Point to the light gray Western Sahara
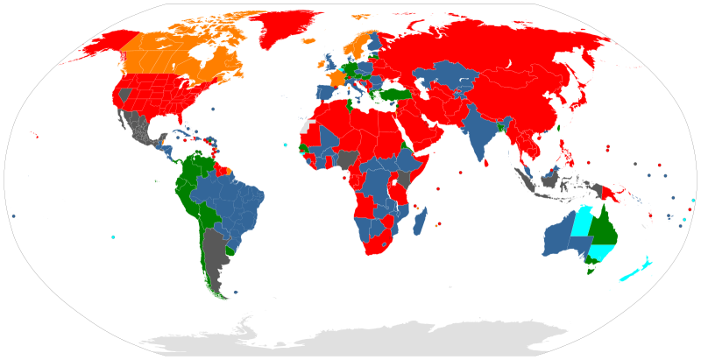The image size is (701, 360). (305, 126)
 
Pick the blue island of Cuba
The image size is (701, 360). (183, 134)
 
